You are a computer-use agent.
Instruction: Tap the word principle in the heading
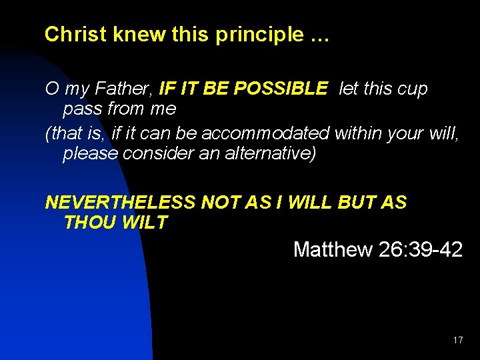(259, 35)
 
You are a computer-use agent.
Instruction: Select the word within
(361, 133)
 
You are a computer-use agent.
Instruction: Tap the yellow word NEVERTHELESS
(120, 203)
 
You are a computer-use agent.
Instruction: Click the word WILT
(145, 223)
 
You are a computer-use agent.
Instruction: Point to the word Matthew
(333, 250)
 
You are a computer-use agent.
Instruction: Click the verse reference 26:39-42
(420, 250)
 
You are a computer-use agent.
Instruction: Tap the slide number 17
(457, 340)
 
